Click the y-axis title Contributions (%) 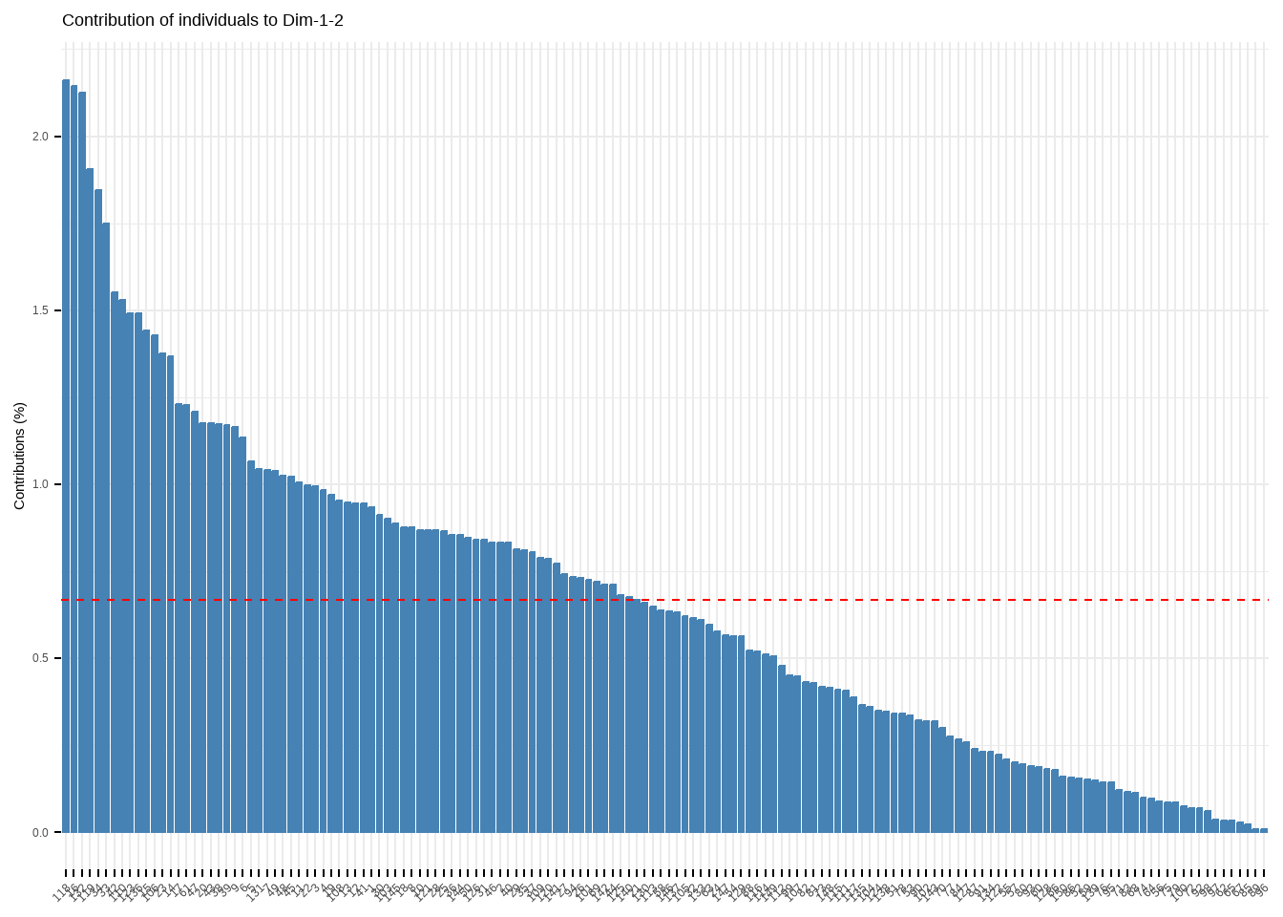coord(19,456)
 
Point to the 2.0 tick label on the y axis coord(39,137)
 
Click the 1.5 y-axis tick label coord(39,310)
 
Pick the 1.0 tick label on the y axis coord(39,484)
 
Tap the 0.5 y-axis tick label coord(39,658)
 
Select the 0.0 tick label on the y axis coord(39,832)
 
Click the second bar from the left coord(74,458)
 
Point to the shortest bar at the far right coord(1264,830)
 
